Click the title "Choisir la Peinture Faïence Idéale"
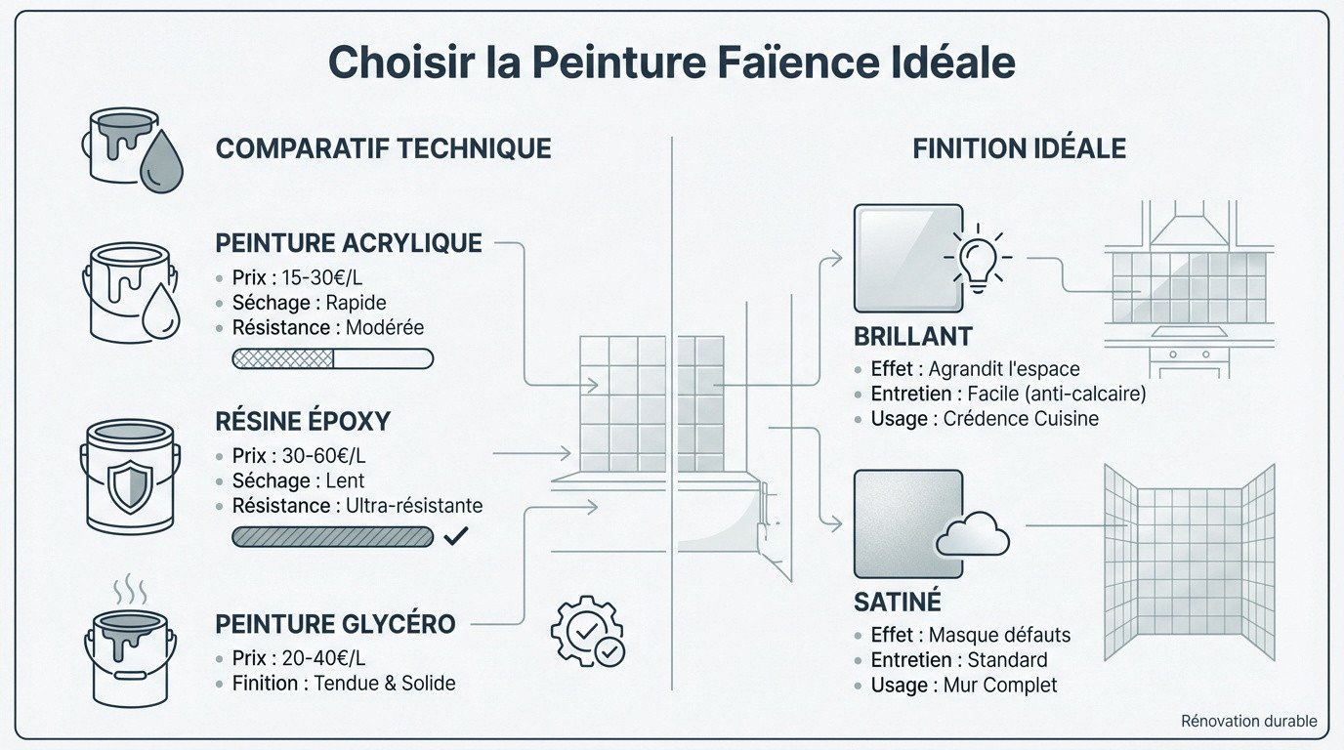671,62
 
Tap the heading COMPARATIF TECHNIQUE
383,148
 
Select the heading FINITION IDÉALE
1019,148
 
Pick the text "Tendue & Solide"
385,683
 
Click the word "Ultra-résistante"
414,506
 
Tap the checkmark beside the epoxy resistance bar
456,535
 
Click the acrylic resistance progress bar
332,358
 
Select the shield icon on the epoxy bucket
129,485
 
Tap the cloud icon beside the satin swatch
973,533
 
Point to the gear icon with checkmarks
588,632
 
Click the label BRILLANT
913,337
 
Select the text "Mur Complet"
1000,686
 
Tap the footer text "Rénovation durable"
1248,722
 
